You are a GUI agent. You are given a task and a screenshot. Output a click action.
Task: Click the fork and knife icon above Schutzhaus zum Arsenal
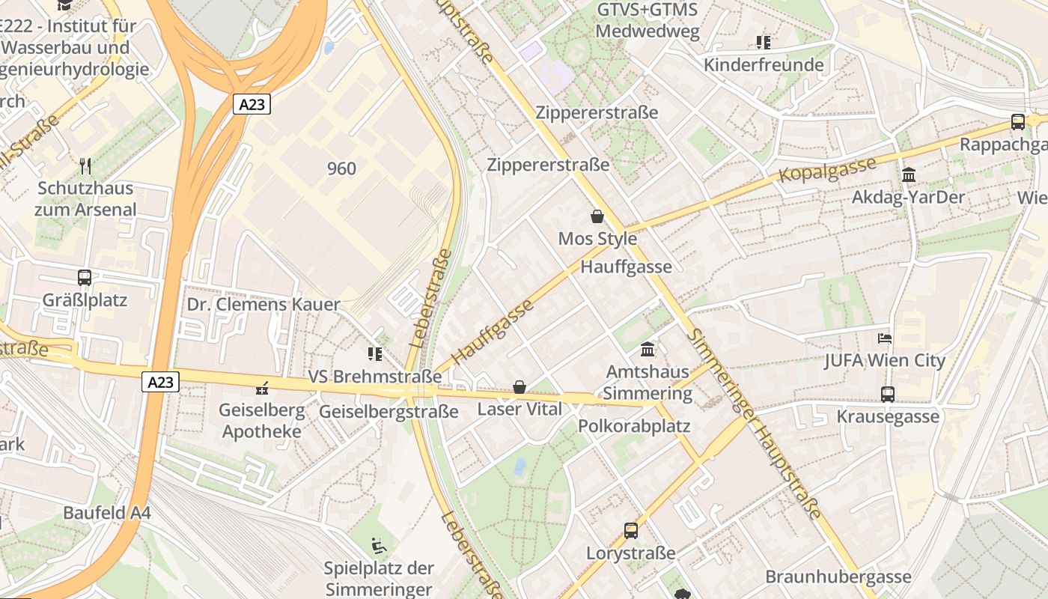pos(85,165)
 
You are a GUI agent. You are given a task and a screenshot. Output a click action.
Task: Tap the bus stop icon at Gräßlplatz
pos(85,278)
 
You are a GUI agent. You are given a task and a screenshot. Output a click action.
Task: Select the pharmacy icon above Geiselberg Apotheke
pos(262,388)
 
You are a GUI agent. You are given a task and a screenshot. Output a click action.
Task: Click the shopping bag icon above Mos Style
pos(597,216)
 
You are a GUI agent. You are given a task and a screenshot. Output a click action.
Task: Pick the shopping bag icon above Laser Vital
pos(519,387)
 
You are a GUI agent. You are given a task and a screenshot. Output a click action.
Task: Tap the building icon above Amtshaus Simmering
pos(648,349)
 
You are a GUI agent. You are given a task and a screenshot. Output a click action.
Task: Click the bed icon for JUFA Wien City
pos(885,338)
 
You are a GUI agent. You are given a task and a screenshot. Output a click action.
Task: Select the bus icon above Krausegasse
pos(888,394)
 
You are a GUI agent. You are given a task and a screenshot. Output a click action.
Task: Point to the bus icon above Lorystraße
pos(631,531)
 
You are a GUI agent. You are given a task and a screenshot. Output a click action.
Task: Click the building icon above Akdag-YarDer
pos(909,174)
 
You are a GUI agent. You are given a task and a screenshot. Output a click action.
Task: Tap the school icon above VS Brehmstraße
pos(374,353)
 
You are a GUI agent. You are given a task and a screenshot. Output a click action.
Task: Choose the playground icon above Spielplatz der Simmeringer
pos(380,546)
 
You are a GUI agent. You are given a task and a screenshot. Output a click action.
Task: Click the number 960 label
pos(341,168)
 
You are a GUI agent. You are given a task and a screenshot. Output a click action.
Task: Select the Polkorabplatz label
pos(634,426)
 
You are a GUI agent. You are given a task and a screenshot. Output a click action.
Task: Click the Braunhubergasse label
pos(838,577)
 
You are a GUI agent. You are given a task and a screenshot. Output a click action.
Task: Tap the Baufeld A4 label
pos(107,513)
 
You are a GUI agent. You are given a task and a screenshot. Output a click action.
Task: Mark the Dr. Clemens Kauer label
pos(263,305)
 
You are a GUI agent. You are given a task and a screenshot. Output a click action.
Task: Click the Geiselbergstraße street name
pos(389,412)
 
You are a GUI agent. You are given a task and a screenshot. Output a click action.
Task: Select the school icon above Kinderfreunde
pos(763,43)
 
